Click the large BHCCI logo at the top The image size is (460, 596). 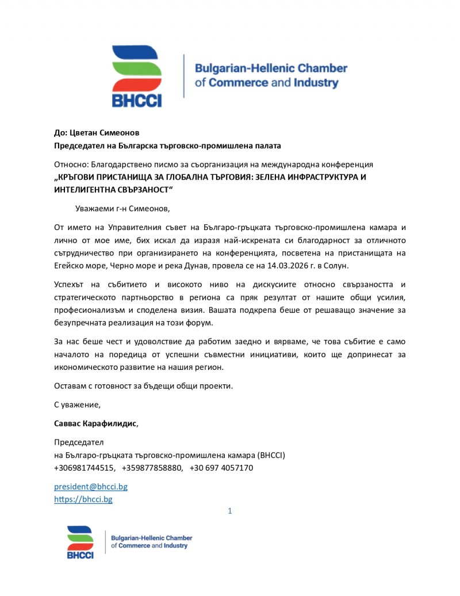[137, 76]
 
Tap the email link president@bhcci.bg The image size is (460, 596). [91, 487]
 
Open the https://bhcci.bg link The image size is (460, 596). [83, 499]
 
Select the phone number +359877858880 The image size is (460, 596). [152, 468]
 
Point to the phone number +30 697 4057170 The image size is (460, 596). [221, 468]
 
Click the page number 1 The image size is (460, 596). [230, 511]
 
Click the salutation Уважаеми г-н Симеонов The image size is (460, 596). [123, 208]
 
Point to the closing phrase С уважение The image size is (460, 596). [77, 404]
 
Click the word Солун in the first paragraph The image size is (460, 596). [352, 266]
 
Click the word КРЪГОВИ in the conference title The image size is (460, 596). [78, 177]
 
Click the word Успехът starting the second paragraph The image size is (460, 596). [71, 285]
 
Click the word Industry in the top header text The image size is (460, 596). [316, 83]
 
